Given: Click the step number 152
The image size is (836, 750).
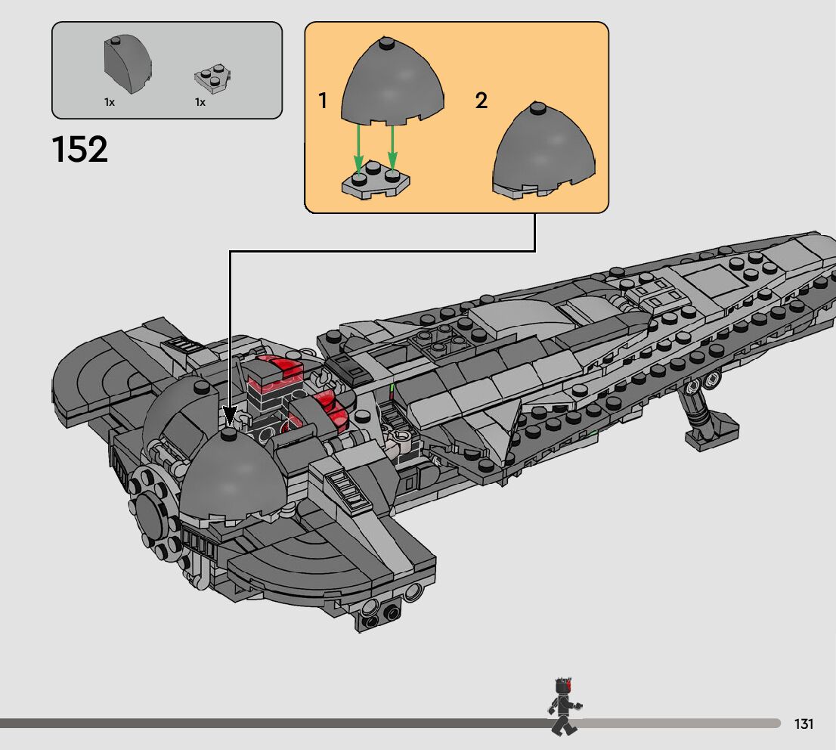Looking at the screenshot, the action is point(80,150).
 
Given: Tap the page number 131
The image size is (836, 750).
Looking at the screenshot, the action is point(803,724).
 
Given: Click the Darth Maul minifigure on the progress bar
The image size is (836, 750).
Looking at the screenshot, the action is point(562,706).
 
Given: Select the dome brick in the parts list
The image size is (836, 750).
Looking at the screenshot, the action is point(126,66).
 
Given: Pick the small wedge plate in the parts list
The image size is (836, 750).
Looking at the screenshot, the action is point(212,76).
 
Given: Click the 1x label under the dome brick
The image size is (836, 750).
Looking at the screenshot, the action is point(110,101).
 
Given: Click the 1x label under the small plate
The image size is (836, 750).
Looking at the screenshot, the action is point(200,101).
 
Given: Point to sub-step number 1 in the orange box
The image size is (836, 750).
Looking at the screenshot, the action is point(323,101).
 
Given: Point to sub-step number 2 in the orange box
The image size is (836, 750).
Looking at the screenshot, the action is point(481,101).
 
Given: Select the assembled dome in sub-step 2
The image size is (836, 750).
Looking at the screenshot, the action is point(543,151).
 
